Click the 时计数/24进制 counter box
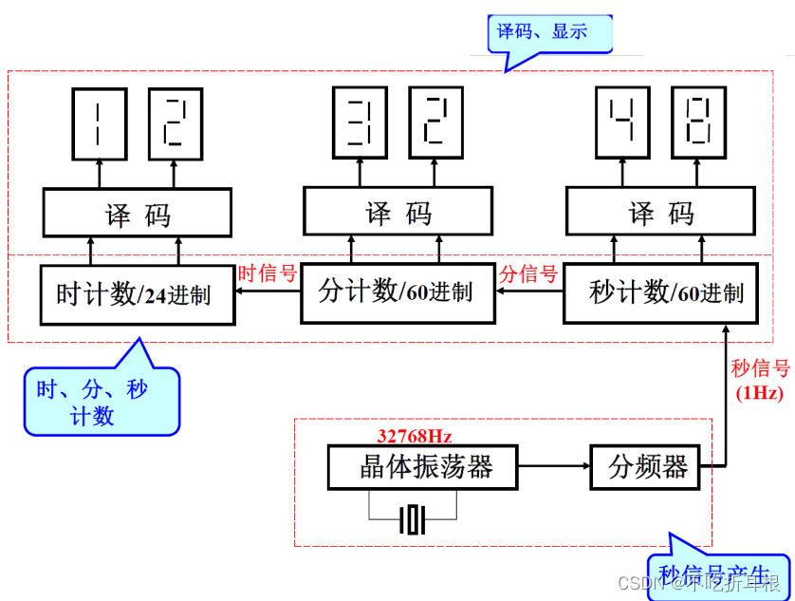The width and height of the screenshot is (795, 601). point(137,294)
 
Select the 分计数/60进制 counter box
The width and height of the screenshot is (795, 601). point(397,291)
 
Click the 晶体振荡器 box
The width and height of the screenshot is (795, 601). point(423,467)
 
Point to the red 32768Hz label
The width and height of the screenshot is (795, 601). point(414,437)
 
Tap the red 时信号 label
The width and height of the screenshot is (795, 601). point(268,274)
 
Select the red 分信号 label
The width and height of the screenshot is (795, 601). point(528,274)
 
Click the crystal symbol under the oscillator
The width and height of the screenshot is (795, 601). point(413,519)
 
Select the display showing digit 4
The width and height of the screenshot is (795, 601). point(621,122)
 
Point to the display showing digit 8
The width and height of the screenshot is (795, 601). point(699,122)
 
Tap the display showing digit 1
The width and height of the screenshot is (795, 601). point(98,122)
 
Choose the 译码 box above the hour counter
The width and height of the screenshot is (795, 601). point(137,213)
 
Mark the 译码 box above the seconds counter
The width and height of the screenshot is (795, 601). point(660,211)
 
